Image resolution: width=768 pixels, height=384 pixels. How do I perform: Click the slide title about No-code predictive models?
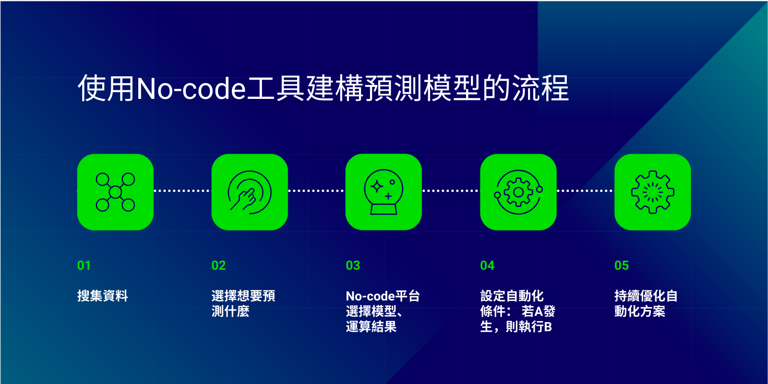[324, 88]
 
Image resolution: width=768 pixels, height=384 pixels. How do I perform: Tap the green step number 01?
[84, 265]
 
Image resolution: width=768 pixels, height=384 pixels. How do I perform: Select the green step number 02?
[218, 265]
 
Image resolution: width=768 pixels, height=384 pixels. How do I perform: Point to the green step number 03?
[353, 265]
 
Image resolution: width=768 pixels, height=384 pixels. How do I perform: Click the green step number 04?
[487, 265]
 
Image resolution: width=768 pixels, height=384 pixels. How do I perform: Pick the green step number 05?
[622, 265]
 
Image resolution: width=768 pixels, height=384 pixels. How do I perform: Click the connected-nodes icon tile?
[115, 192]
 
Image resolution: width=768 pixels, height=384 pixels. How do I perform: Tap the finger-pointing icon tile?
[250, 192]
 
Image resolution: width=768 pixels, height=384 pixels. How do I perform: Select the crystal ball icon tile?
[384, 192]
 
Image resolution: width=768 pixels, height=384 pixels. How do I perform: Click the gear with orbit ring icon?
[518, 192]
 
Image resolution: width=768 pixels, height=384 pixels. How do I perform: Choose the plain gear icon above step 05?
[652, 192]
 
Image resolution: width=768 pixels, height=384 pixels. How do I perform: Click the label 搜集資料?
[103, 296]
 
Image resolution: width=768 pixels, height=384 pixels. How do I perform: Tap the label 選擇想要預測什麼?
[243, 303]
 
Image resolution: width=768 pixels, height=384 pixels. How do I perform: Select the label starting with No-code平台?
[383, 312]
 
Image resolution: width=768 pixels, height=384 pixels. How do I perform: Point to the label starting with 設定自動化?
[517, 312]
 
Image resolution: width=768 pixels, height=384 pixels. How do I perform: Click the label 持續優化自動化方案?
[646, 303]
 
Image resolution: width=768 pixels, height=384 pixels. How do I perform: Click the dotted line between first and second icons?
[182, 191]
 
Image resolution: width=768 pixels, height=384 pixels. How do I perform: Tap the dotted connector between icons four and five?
[585, 191]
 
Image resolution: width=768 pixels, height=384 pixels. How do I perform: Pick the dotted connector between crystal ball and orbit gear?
[451, 191]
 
